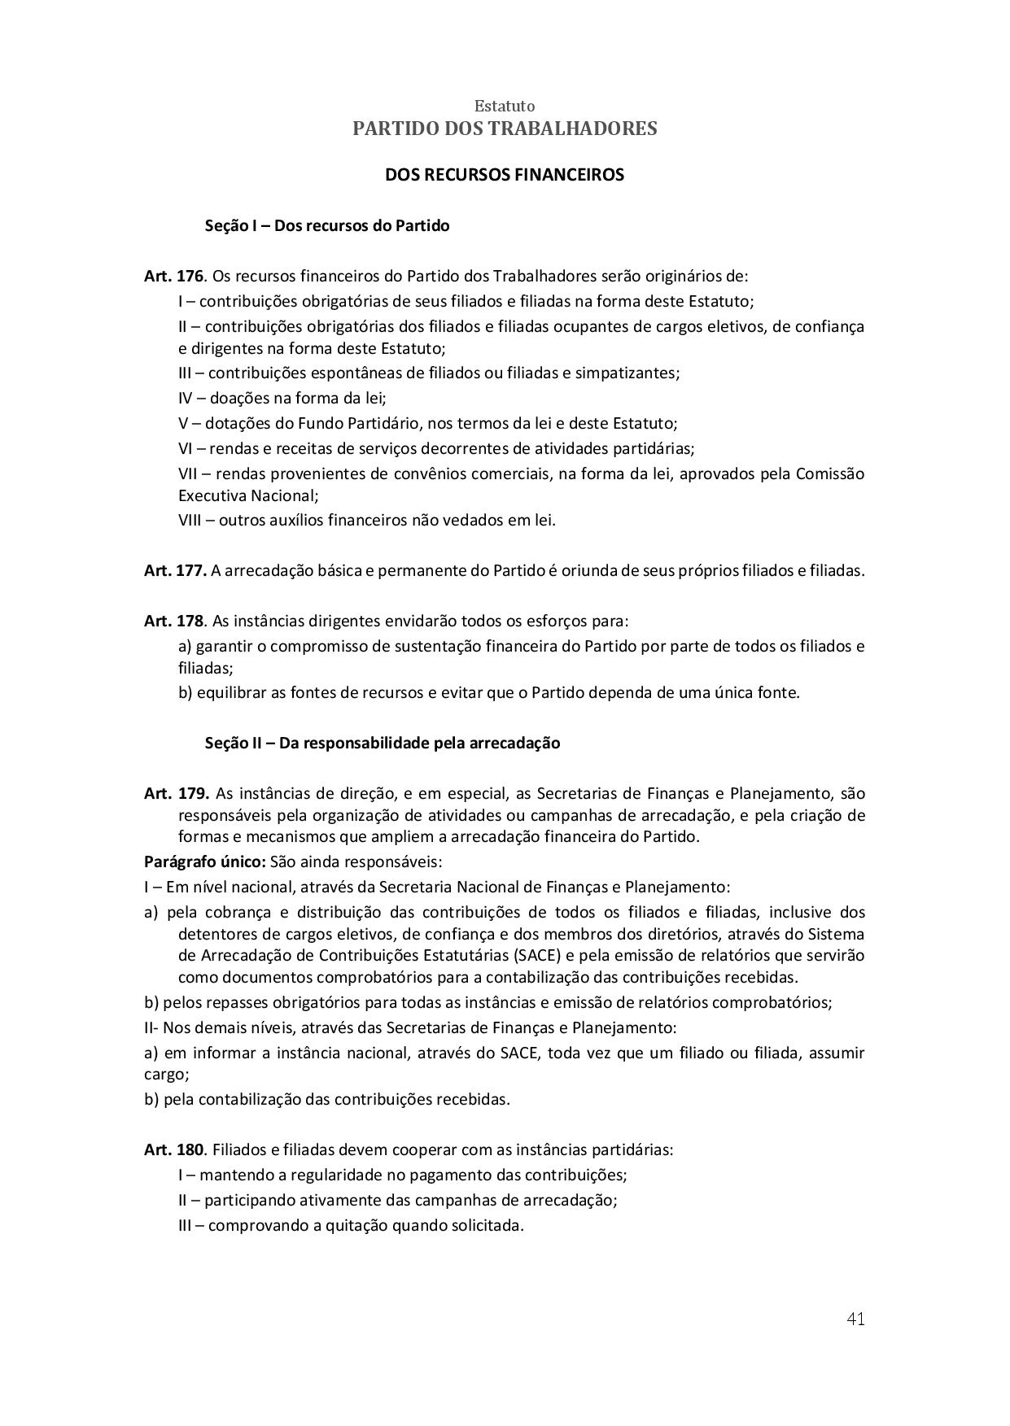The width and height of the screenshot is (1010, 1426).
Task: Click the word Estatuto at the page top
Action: click(505, 107)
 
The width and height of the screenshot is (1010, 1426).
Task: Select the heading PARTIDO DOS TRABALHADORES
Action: click(505, 129)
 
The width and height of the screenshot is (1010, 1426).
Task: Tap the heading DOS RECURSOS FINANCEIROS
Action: click(505, 175)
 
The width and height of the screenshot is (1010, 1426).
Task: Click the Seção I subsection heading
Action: click(327, 225)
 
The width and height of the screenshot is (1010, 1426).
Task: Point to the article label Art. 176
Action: click(173, 276)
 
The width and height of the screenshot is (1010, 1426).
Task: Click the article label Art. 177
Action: click(175, 571)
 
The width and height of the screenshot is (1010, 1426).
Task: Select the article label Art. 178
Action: click(173, 621)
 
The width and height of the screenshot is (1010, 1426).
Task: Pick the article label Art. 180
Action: click(173, 1150)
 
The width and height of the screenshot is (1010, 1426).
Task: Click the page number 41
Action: click(855, 1319)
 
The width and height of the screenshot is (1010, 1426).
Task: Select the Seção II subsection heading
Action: click(383, 743)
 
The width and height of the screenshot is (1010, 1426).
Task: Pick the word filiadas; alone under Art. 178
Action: click(205, 669)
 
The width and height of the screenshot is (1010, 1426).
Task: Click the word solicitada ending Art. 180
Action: click(486, 1226)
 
